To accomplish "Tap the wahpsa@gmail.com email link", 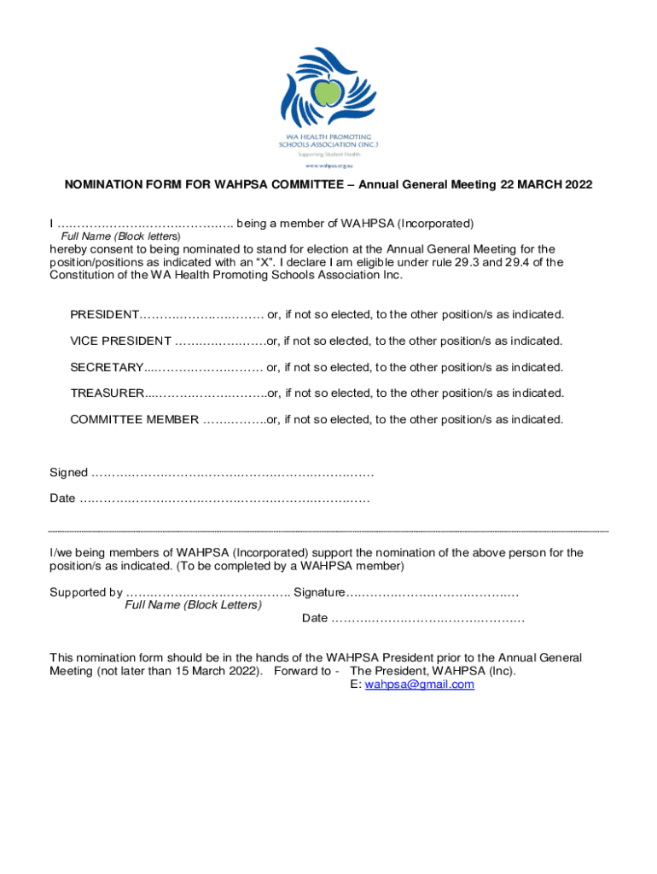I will tap(419, 685).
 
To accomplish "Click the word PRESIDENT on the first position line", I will tap(104, 315).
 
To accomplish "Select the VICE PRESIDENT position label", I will tap(120, 341).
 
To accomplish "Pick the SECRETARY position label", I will tap(107, 368).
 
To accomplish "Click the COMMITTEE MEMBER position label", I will tap(135, 420).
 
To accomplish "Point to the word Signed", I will tap(68, 473).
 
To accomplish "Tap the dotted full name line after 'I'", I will tap(145, 224).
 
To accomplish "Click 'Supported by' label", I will tap(85, 592).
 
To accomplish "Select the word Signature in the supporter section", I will tap(318, 592).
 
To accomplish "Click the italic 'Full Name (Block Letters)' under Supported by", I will tap(193, 605).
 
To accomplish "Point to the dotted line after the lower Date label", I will tap(427, 618).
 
